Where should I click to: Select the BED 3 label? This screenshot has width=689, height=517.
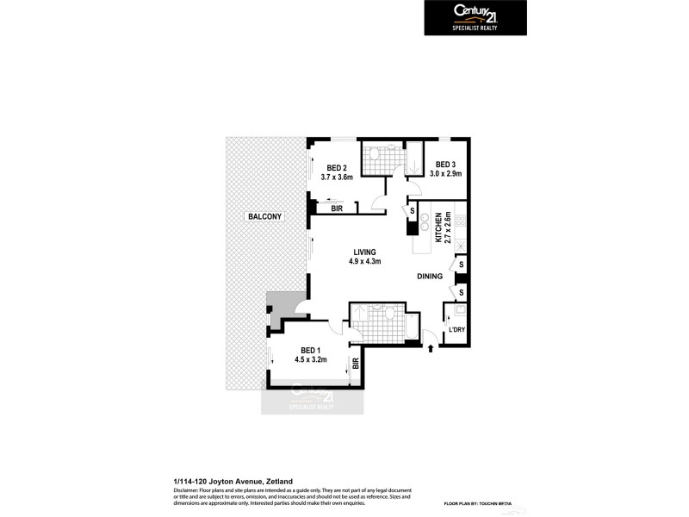coord(444,164)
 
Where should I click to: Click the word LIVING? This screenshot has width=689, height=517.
coord(364,252)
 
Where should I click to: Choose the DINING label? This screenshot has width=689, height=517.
coord(430,277)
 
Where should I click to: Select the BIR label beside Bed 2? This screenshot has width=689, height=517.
coord(338,208)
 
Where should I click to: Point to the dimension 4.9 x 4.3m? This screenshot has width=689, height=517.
coord(364,262)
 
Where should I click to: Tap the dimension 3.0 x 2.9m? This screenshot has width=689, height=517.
coord(446,174)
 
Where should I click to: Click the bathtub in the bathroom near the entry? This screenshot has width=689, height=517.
coord(413,326)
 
